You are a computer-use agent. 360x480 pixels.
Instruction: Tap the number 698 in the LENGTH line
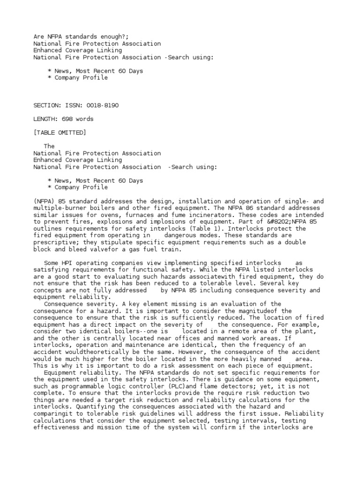point(64,119)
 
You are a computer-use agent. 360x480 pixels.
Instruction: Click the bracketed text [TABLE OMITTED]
point(60,133)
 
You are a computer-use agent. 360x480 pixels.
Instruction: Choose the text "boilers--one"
point(133,331)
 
